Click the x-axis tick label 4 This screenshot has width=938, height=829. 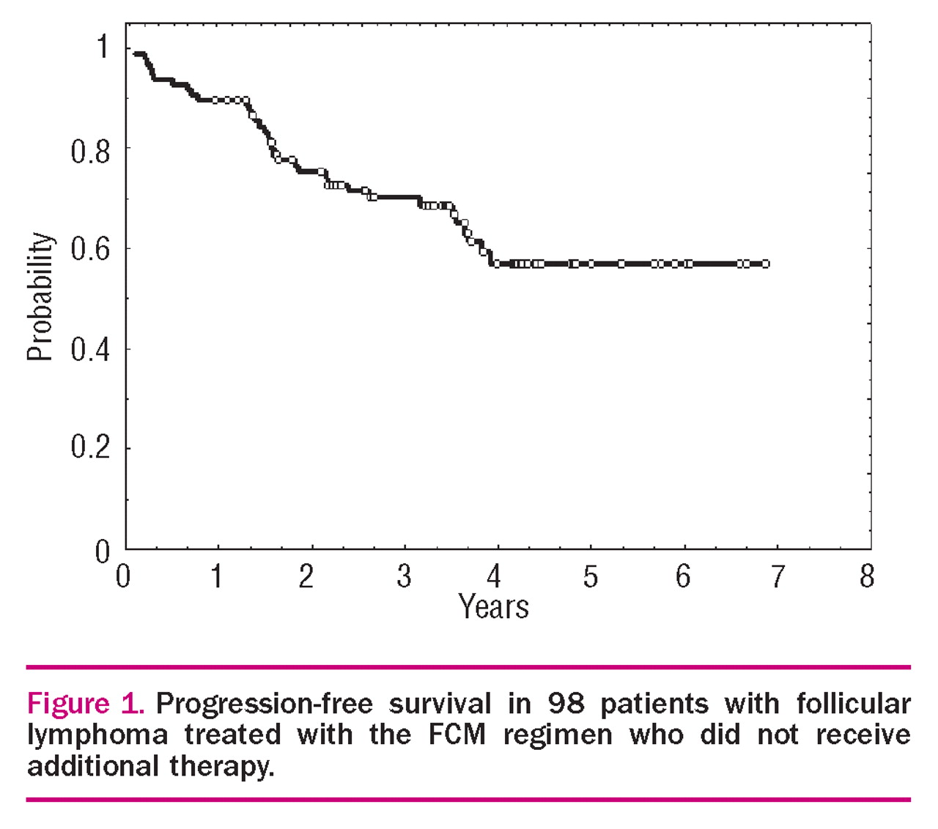click(x=494, y=577)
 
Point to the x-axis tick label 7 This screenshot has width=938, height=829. click(x=776, y=577)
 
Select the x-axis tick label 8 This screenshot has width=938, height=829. click(x=867, y=577)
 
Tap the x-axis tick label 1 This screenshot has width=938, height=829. click(x=216, y=577)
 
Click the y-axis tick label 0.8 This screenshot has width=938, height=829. click(x=91, y=152)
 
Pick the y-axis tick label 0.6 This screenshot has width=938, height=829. click(x=91, y=250)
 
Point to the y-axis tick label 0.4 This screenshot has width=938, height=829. click(x=91, y=349)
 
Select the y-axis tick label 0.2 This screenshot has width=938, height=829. click(x=91, y=447)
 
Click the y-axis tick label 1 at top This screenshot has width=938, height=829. click(x=103, y=47)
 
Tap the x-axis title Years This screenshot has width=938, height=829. click(x=493, y=608)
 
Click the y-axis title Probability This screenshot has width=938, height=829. click(x=40, y=297)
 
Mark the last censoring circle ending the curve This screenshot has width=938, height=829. click(x=765, y=264)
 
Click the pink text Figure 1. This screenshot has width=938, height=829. click(x=84, y=704)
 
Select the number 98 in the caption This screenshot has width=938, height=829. click(x=566, y=704)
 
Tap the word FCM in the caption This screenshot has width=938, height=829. click(x=457, y=735)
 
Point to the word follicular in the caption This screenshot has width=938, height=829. click(x=854, y=704)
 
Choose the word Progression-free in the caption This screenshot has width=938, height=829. click(x=265, y=705)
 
